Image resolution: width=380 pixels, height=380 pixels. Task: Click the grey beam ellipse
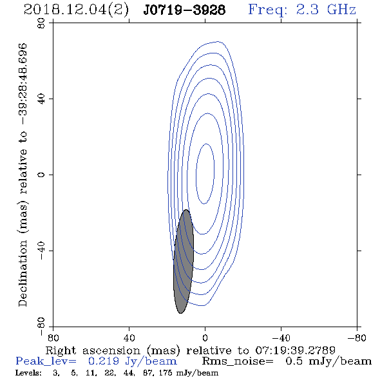pyautogui.click(x=184, y=261)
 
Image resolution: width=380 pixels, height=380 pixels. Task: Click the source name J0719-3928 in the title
pyautogui.click(x=184, y=10)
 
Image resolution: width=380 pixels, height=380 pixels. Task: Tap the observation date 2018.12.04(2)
pyautogui.click(x=76, y=10)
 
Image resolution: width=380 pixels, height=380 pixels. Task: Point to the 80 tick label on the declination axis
pyautogui.click(x=41, y=23)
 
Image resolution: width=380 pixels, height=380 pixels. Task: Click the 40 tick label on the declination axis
pyautogui.click(x=41, y=99)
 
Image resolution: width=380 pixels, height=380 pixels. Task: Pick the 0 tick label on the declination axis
pyautogui.click(x=41, y=175)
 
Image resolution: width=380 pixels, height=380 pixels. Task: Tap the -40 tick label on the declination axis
pyautogui.click(x=41, y=251)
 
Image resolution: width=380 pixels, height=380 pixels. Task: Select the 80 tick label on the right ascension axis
pyautogui.click(x=53, y=338)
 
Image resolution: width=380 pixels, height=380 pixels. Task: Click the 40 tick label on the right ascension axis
pyautogui.click(x=129, y=338)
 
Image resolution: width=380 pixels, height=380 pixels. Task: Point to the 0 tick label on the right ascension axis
pyautogui.click(x=205, y=338)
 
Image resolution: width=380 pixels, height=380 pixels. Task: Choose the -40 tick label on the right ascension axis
pyautogui.click(x=281, y=338)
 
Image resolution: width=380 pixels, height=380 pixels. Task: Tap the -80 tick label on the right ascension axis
pyautogui.click(x=357, y=338)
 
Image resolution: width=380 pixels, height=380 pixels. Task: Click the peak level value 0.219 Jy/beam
pyautogui.click(x=132, y=361)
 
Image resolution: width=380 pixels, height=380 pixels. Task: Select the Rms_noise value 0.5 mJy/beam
pyautogui.click(x=328, y=361)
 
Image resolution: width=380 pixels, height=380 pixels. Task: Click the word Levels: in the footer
pyautogui.click(x=28, y=373)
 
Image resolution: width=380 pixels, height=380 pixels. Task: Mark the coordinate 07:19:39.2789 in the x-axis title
pyautogui.click(x=295, y=350)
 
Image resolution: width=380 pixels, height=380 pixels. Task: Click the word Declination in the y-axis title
pyautogui.click(x=23, y=273)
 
